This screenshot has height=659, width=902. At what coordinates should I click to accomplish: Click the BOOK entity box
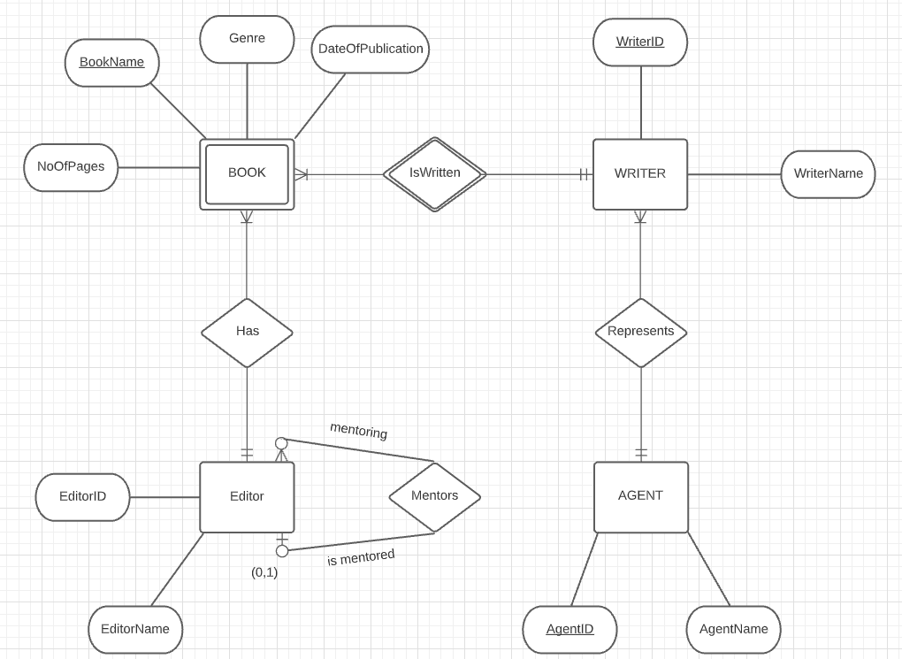coord(247,174)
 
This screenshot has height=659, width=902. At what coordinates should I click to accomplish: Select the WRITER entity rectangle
coord(640,174)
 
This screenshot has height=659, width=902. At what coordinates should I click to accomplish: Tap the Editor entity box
coord(247,497)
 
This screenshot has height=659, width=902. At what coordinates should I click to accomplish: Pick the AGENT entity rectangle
coord(641,497)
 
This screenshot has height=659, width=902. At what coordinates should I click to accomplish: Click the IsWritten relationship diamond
coord(435,174)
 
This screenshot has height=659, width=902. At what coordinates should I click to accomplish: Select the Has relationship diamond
coord(247,333)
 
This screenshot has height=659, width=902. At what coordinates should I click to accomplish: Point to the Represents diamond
coord(641,333)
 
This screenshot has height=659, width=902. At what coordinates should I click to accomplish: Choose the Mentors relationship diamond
coord(435,497)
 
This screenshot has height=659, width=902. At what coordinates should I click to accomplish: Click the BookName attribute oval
coord(112,63)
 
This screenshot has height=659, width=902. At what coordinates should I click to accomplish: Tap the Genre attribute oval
coord(247,39)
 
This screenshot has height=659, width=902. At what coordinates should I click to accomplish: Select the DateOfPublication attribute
coord(371,50)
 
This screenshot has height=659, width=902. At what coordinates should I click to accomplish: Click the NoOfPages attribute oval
coord(71,167)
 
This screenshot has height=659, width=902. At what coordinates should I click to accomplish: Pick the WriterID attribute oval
coord(640,42)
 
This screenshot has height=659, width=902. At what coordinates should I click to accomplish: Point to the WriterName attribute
coord(828,174)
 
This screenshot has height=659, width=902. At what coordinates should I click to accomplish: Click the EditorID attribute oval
coord(82,497)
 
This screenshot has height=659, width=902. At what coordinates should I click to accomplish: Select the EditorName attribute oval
coord(135,630)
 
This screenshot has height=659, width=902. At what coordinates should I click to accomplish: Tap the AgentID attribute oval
coord(569,630)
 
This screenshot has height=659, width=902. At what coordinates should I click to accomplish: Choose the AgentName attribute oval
coord(733,630)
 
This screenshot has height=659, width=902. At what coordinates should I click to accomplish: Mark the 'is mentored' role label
coord(361,557)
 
